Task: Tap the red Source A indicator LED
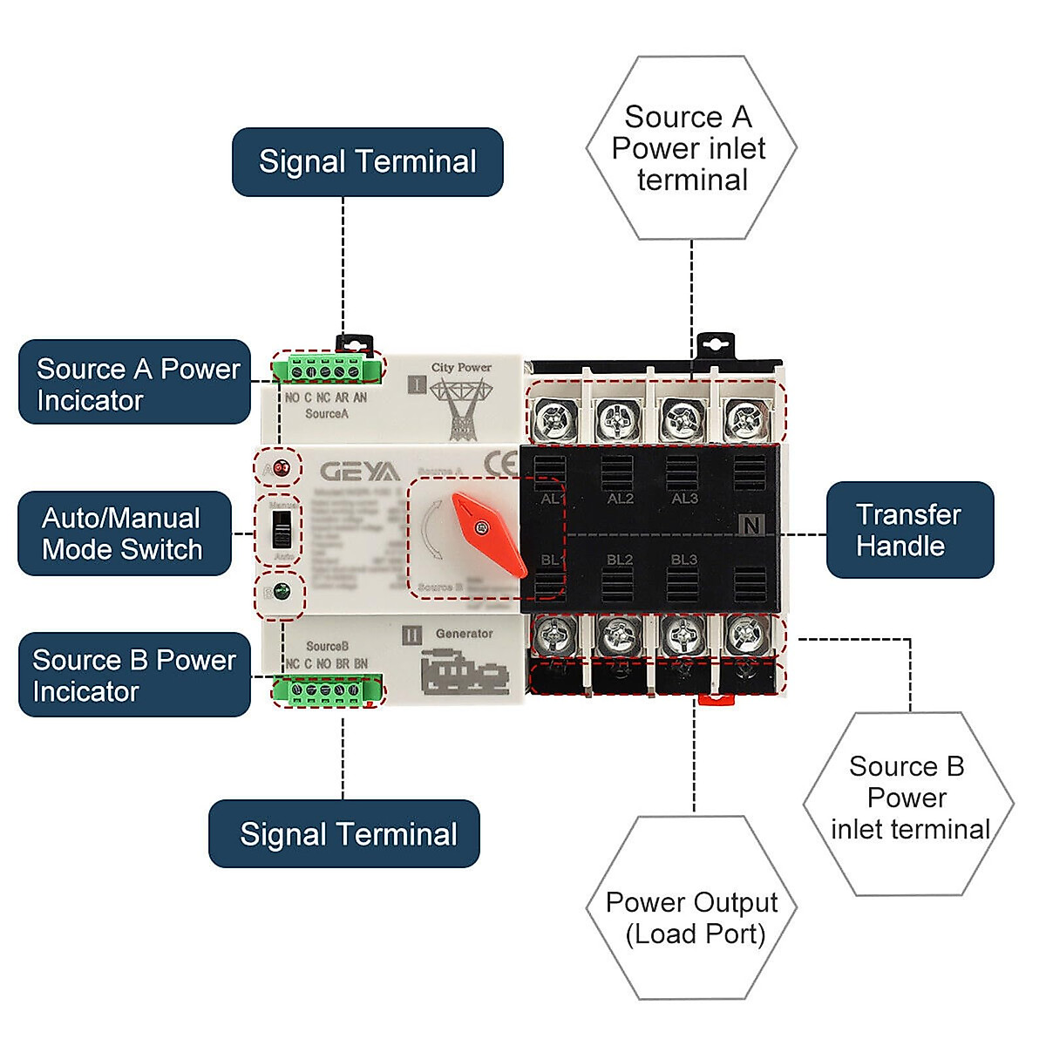281,469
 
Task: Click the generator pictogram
464,674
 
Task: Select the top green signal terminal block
326,370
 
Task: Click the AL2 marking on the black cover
620,499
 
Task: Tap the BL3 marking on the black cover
683,560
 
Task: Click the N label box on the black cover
751,524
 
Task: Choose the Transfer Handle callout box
909,530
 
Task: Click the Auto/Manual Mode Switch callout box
124,533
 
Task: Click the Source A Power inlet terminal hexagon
690,148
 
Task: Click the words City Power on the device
461,368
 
